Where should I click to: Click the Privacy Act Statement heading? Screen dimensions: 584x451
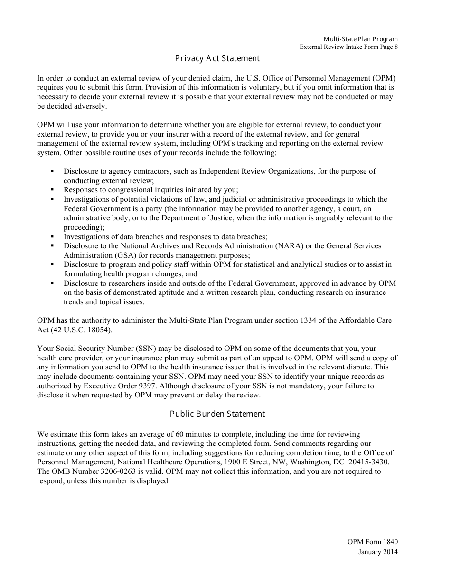pos(217,58)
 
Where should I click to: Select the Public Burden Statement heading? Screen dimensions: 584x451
pos(217,414)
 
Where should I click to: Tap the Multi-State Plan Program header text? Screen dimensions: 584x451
pos(361,39)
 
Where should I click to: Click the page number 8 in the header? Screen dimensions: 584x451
pos(396,47)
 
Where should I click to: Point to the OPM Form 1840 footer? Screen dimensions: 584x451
pos(373,542)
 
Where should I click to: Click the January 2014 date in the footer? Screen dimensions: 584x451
pos(378,551)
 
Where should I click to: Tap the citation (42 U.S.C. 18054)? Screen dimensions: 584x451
pos(81,330)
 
